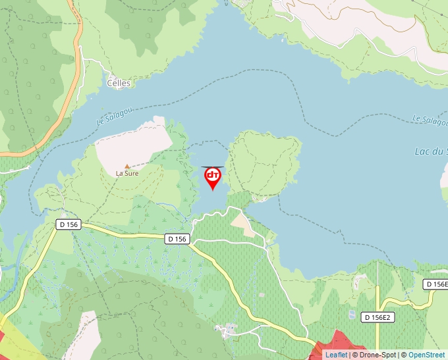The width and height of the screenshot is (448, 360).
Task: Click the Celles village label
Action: pyautogui.click(x=119, y=84)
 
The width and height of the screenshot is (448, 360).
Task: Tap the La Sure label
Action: pyautogui.click(x=126, y=174)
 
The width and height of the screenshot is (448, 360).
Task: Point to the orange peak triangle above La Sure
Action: pyautogui.click(x=127, y=167)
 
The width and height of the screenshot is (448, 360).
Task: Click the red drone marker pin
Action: pyautogui.click(x=213, y=177)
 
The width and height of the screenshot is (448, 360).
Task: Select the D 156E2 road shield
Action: pyautogui.click(x=378, y=317)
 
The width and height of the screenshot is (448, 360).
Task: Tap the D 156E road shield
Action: pyautogui.click(x=435, y=284)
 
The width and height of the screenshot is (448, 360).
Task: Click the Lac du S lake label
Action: pyautogui.click(x=431, y=151)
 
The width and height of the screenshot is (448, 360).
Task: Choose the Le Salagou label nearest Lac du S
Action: pyautogui.click(x=430, y=119)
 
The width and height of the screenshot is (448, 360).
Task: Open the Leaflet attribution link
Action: pyautogui.click(x=336, y=355)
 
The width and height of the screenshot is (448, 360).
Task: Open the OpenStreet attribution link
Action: pyautogui.click(x=426, y=355)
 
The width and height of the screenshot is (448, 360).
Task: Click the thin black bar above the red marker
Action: pyautogui.click(x=213, y=167)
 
